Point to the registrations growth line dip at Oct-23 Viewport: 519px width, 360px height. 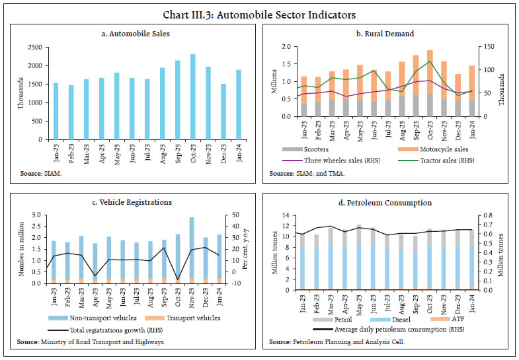177,280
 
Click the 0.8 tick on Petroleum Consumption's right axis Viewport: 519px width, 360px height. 487,215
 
